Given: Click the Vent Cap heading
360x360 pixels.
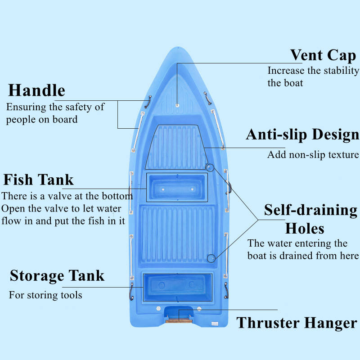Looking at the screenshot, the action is coord(323,55).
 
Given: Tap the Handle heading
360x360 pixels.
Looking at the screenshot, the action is coord(36,90).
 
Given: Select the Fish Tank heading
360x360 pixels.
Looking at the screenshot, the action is coord(38,180).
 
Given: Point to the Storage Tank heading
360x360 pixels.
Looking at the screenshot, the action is coord(57,275).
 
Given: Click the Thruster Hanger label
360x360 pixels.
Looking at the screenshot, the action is coord(297,323).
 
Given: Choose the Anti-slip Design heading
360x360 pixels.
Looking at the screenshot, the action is coord(302,135).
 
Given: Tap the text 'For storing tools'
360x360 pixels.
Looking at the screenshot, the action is coord(45,295).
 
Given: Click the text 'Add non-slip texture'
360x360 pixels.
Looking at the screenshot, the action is coord(313,155).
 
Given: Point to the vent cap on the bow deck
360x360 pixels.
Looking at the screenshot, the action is coord(177,104).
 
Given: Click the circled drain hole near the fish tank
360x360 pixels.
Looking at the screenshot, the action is coord(210,168).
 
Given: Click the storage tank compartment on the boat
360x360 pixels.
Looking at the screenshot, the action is coord(178,287).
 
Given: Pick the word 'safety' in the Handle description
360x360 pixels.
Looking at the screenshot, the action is coord(72,107).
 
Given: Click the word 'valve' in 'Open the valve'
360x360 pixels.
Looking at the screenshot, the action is coord(50,208).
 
